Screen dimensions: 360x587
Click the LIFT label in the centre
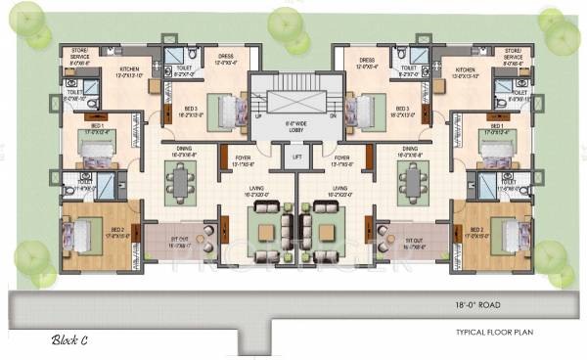294,157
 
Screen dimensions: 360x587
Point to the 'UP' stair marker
258,115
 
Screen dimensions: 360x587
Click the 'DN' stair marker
333,115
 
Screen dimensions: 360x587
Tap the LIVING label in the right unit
340,189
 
